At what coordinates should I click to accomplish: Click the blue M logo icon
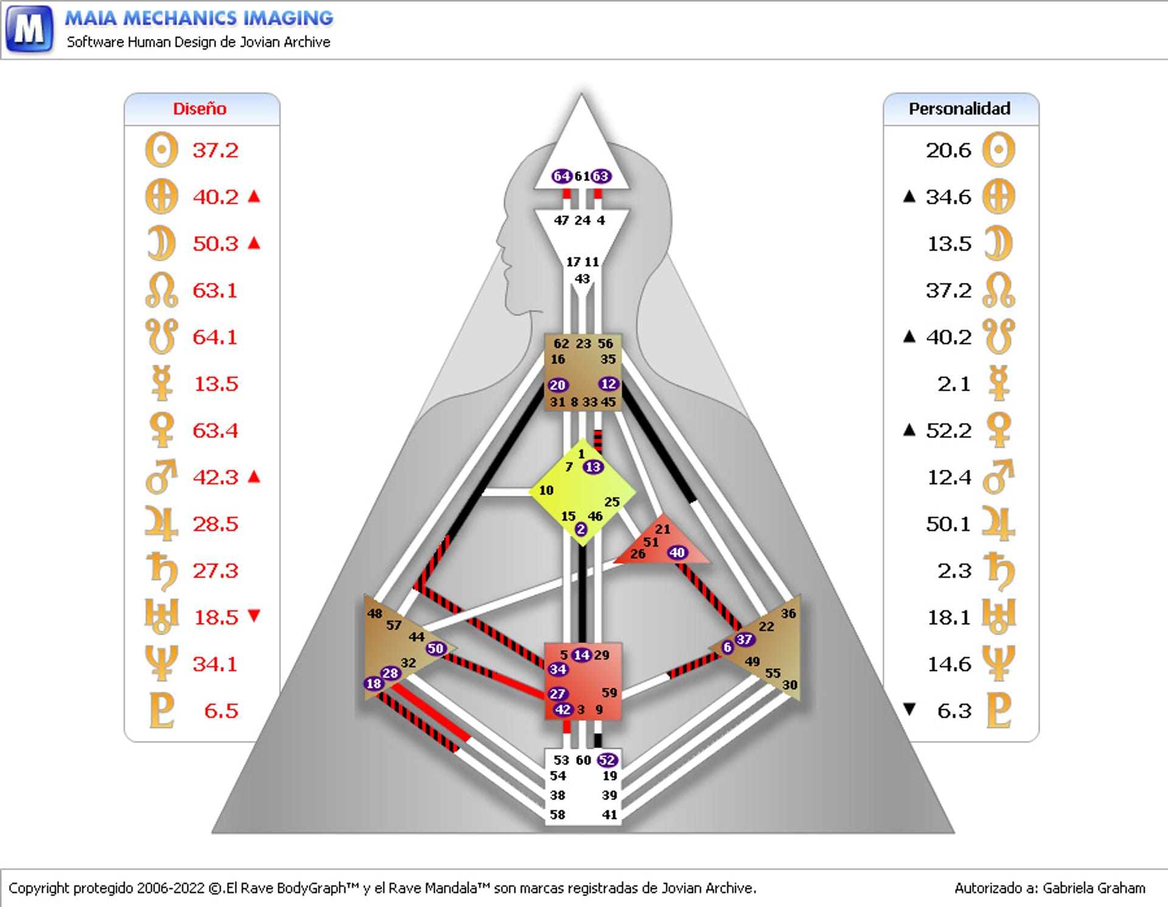(29, 29)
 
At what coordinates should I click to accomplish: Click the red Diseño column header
(200, 109)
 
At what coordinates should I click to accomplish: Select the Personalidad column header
(959, 109)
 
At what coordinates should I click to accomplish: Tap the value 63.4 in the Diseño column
(215, 431)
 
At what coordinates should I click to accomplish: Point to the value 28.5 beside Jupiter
(215, 524)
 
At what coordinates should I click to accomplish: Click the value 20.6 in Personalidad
(948, 150)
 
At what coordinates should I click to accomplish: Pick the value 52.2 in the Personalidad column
(948, 431)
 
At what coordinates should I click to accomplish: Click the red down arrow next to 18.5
(254, 616)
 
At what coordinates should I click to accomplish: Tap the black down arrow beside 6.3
(909, 709)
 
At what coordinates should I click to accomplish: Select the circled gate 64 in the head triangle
(561, 176)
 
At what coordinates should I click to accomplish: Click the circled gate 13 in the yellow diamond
(593, 467)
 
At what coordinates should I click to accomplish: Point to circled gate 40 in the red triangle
(677, 552)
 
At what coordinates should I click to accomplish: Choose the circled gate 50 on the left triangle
(436, 648)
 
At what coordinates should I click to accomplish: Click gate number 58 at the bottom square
(557, 815)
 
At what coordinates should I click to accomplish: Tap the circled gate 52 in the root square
(607, 760)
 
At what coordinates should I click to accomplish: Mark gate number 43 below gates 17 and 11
(582, 279)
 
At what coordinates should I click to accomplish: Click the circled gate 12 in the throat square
(608, 384)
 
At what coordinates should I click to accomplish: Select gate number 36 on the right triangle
(788, 613)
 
